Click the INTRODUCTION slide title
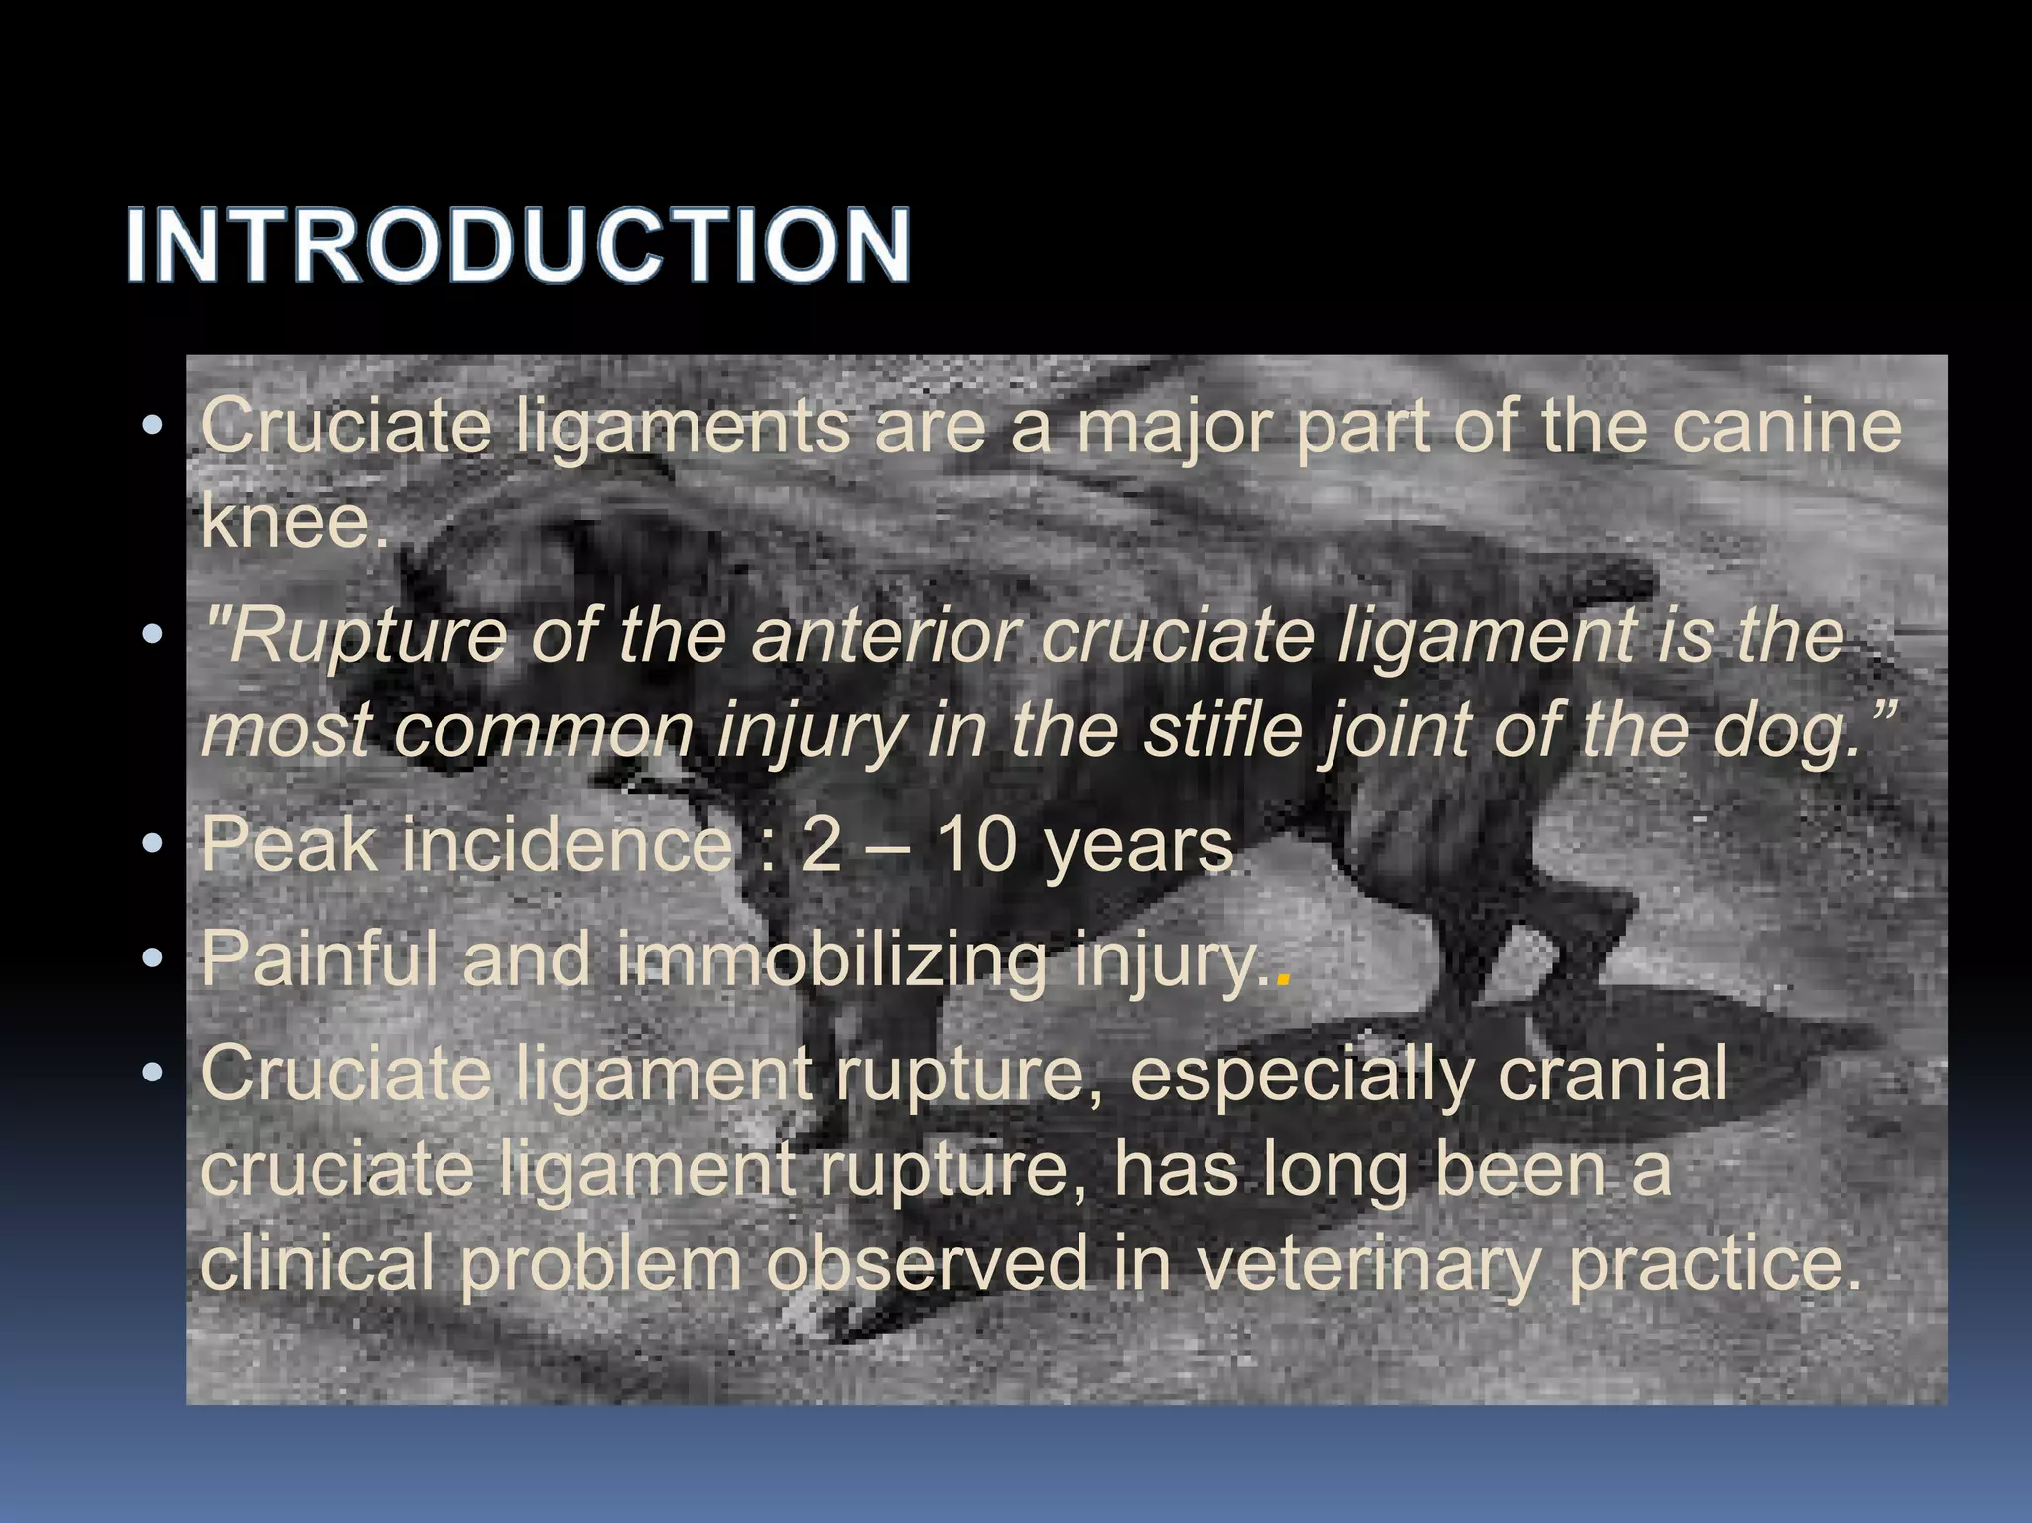click(518, 245)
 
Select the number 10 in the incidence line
click(976, 844)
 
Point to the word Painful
click(319, 959)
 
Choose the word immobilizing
click(831, 959)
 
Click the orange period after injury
click(1284, 980)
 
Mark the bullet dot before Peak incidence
click(151, 844)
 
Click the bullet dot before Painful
click(151, 958)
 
